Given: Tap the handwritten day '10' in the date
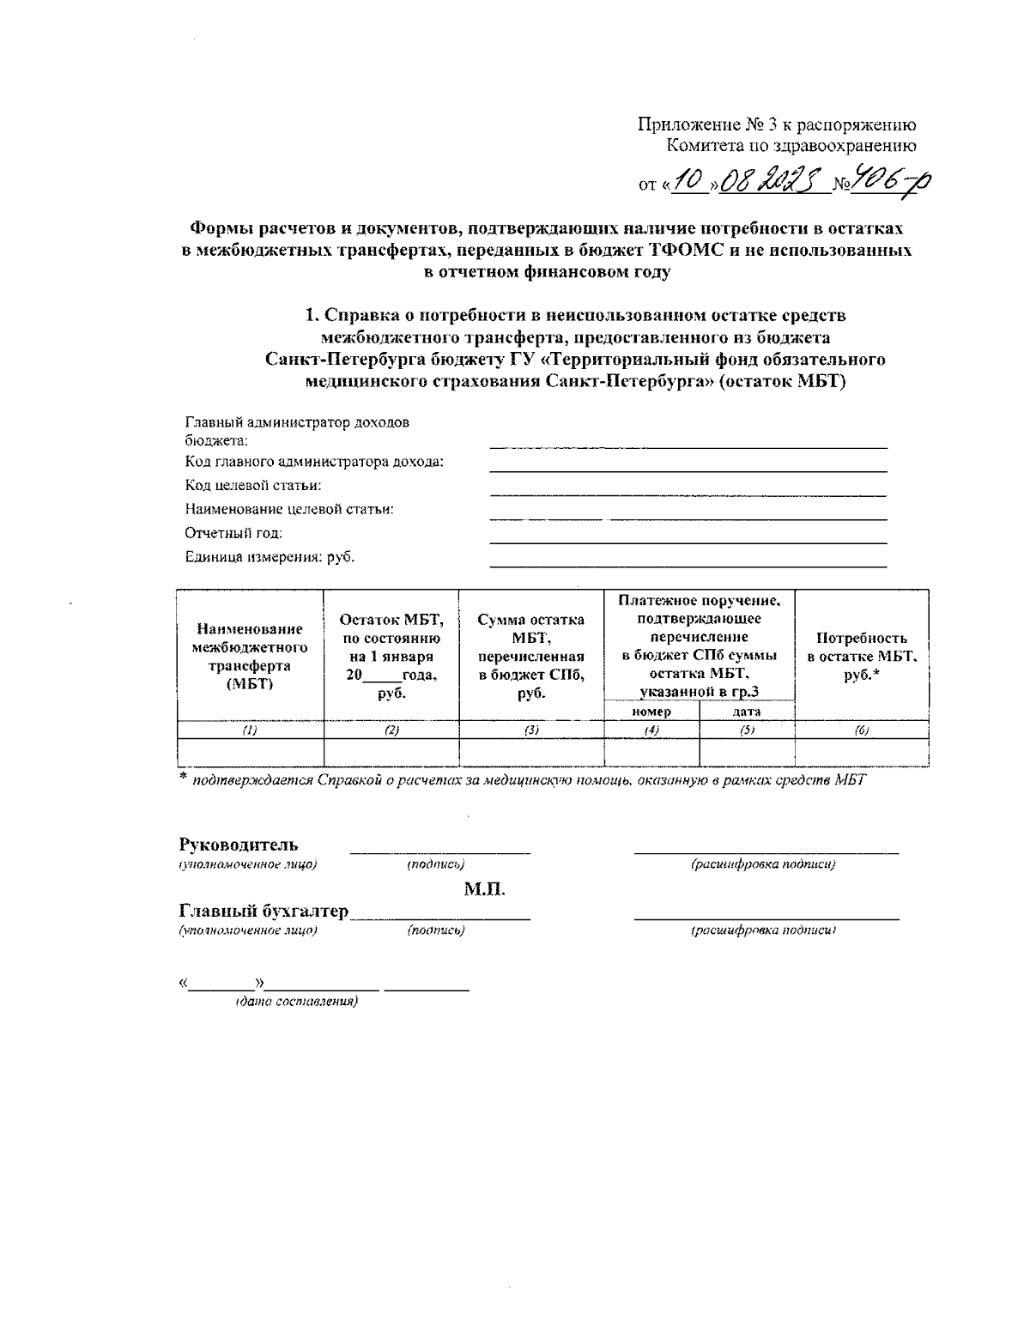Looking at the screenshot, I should coord(688,181).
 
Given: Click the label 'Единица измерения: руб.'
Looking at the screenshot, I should coord(270,557).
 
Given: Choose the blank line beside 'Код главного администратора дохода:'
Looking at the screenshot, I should coord(688,469).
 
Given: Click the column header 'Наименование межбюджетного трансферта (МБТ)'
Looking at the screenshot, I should coord(249,656).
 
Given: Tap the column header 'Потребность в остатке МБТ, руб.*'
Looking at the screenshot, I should coord(861,656).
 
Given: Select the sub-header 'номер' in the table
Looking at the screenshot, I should coord(651,712).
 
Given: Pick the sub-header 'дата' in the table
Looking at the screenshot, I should coord(746,712).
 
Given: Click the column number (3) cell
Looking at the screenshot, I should coord(531,730).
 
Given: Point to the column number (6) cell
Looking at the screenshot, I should coord(861,730).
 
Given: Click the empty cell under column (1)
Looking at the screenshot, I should coord(249,753).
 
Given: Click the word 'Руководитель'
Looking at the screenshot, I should coord(239,845).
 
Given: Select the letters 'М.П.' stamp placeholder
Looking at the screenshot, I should coord(485,888).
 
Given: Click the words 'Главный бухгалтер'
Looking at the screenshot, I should coord(264,911).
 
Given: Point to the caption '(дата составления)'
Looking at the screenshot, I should coord(296,1002).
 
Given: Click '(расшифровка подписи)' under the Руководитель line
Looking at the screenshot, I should coord(763,864).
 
